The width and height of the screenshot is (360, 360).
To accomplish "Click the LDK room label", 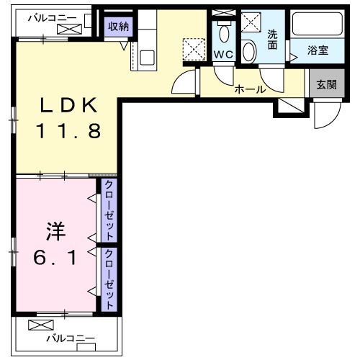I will (x=68, y=107).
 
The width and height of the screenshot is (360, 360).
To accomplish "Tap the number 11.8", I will (x=69, y=132).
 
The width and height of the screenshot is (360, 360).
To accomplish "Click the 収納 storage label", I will (x=119, y=27).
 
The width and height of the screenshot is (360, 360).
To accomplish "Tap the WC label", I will (x=222, y=55).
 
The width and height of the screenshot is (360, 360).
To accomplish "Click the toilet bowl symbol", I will (x=223, y=32).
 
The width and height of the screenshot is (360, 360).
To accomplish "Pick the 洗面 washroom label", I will (x=272, y=39).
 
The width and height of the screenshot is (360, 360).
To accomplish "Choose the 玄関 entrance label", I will (x=325, y=84).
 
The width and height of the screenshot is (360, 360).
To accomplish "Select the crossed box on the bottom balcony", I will (x=37, y=325).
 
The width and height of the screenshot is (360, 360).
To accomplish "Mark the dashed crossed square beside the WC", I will (x=193, y=49).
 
